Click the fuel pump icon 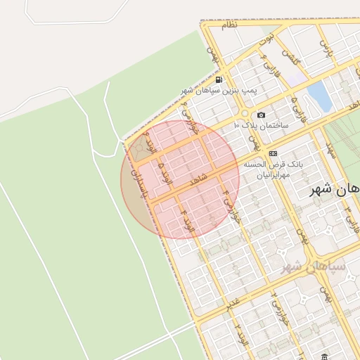click(219, 80)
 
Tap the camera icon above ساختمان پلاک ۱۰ click(262, 115)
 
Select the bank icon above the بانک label click(274, 153)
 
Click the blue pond click(320, 96)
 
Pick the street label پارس click(325, 48)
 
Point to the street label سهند click(330, 150)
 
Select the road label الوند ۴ click(186, 220)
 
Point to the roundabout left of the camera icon click(244, 113)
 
